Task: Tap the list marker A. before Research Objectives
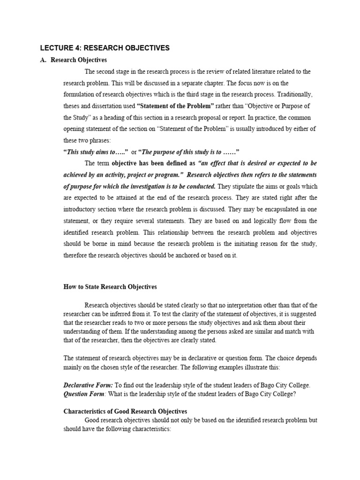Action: click(x=44, y=60)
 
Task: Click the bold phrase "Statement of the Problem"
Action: click(x=175, y=106)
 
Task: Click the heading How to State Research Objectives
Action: click(x=110, y=286)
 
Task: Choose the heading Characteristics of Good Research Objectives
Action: click(x=125, y=411)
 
